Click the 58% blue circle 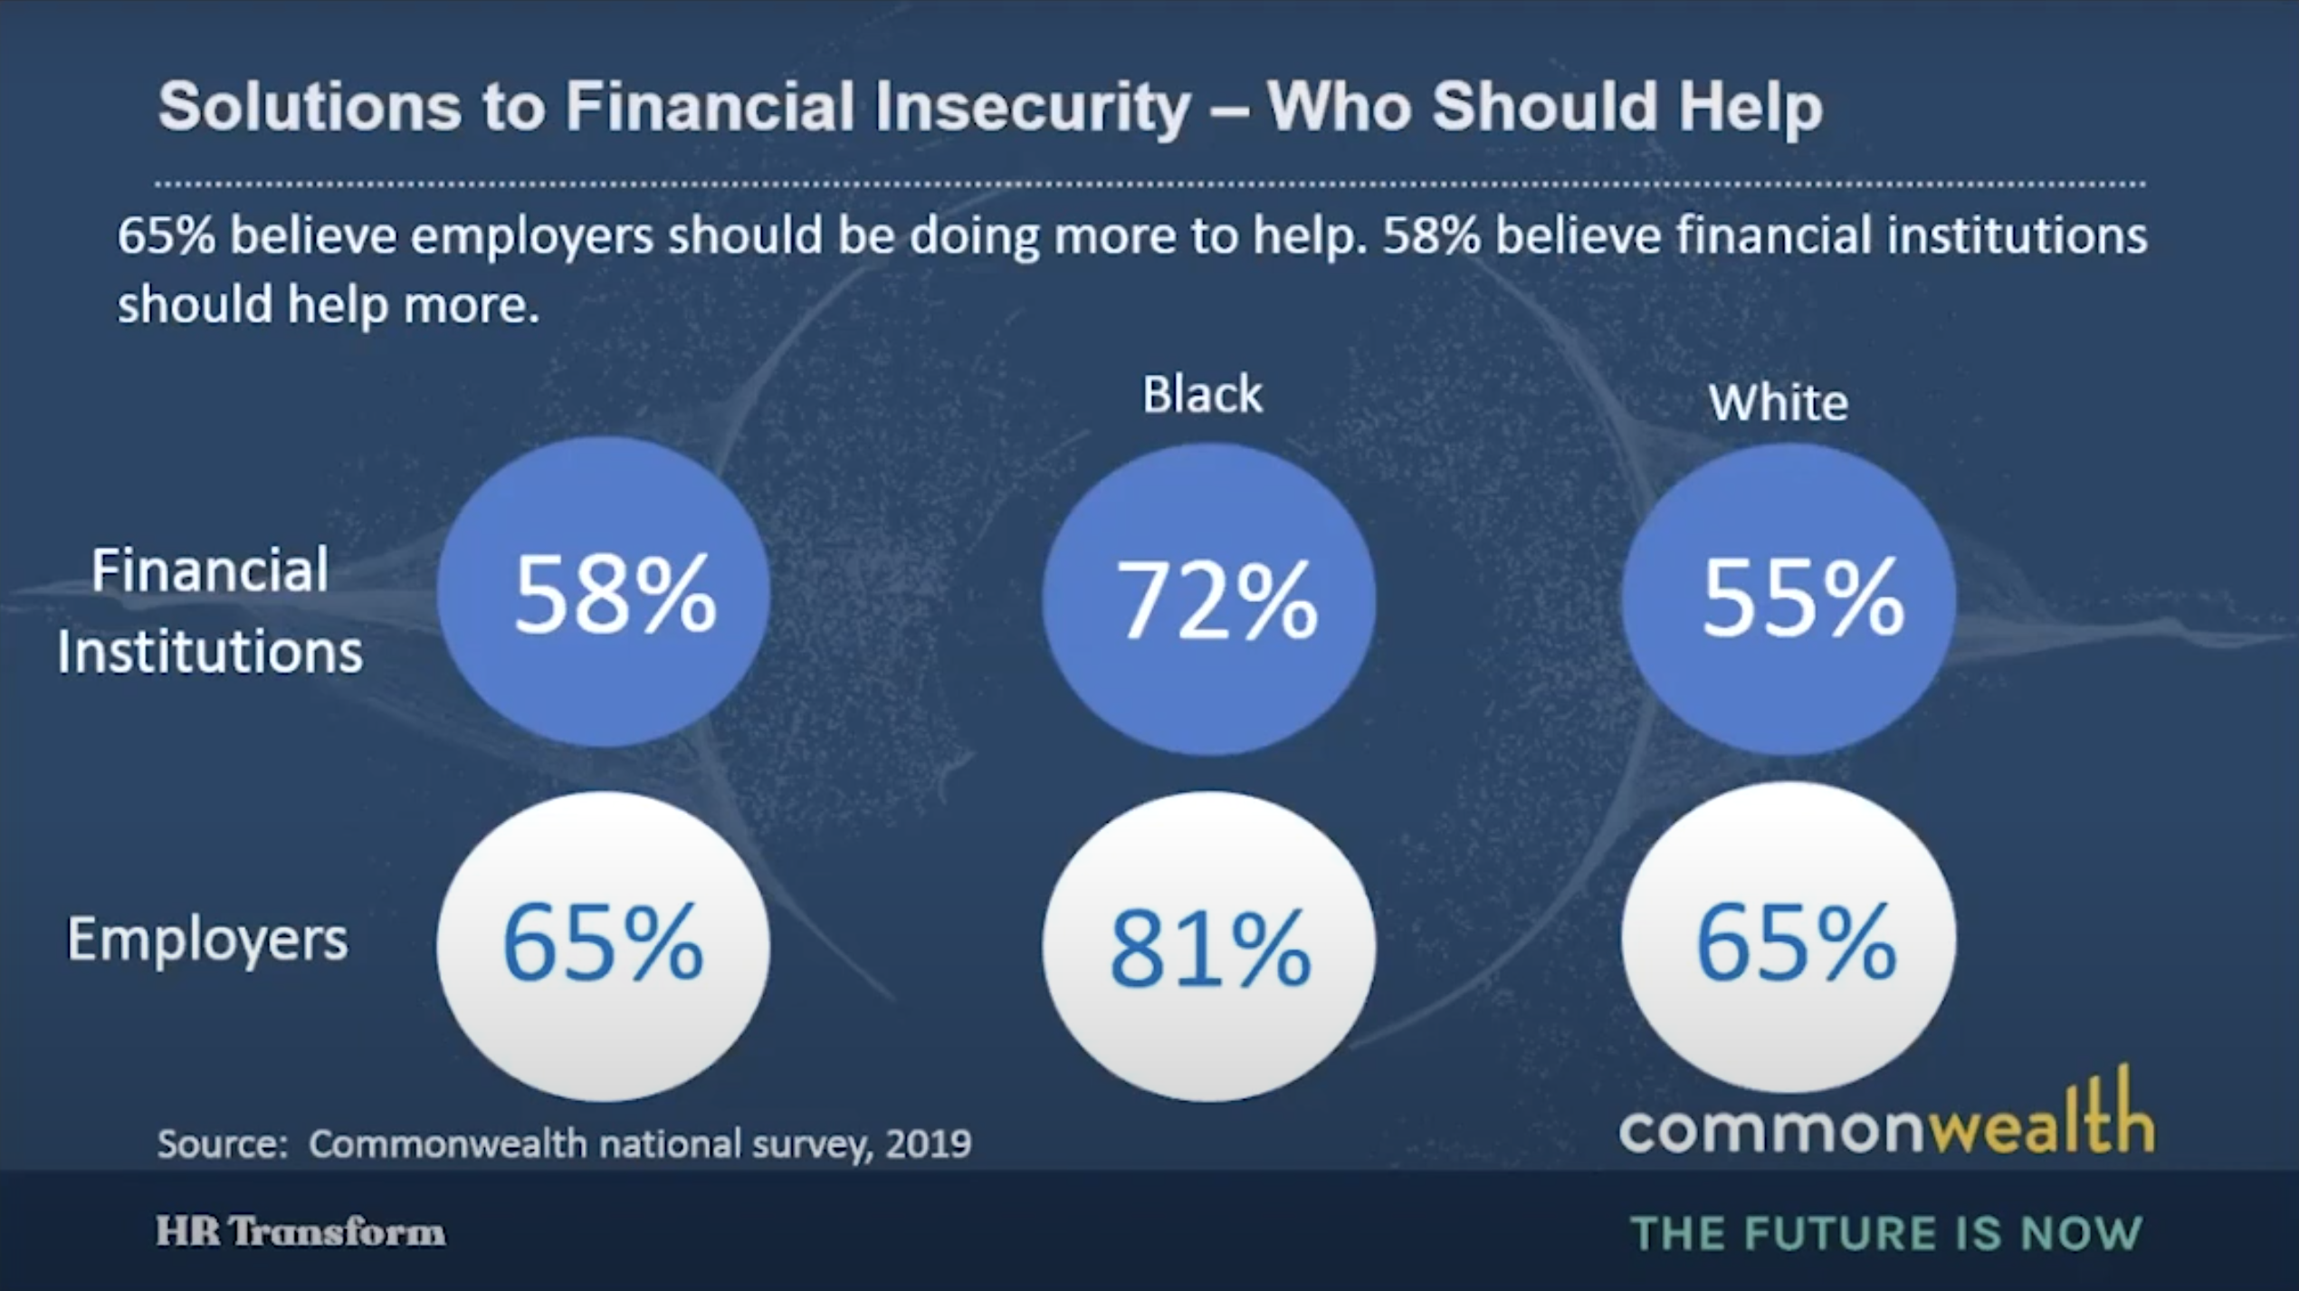[604, 593]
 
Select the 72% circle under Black [1209, 599]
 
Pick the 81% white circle [1209, 947]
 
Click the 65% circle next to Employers [604, 945]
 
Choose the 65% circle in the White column [1789, 940]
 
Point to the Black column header [1202, 395]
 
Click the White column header [1778, 403]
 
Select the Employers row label [207, 940]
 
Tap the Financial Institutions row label [210, 611]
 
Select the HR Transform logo [300, 1232]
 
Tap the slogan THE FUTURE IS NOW [1886, 1233]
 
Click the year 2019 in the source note [928, 1144]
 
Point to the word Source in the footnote [221, 1144]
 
